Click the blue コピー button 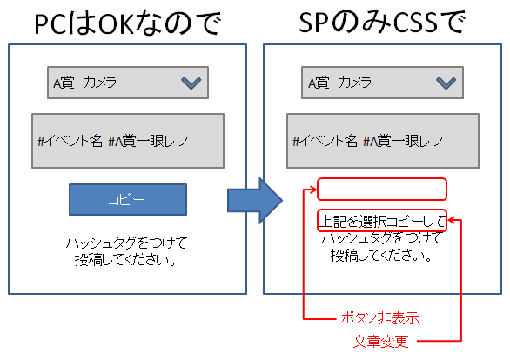coord(128,199)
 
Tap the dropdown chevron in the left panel coord(191,83)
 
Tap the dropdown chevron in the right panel coord(446,83)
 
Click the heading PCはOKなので coord(127,23)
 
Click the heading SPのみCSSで coord(382,22)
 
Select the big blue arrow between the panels coord(255,201)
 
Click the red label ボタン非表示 coord(380,318)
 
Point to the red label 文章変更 coord(380,342)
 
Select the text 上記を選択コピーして coord(382,222)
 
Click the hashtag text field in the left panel coord(128,141)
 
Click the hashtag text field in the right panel coord(383,141)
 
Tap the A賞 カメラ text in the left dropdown coord(85,83)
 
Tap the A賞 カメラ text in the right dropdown coord(340,83)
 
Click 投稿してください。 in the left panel coord(126,260)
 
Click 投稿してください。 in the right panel coord(381,256)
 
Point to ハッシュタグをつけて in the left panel coord(126,243)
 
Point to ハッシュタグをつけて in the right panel coord(382,238)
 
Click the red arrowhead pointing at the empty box coord(313,190)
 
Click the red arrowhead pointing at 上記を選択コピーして coord(452,220)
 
